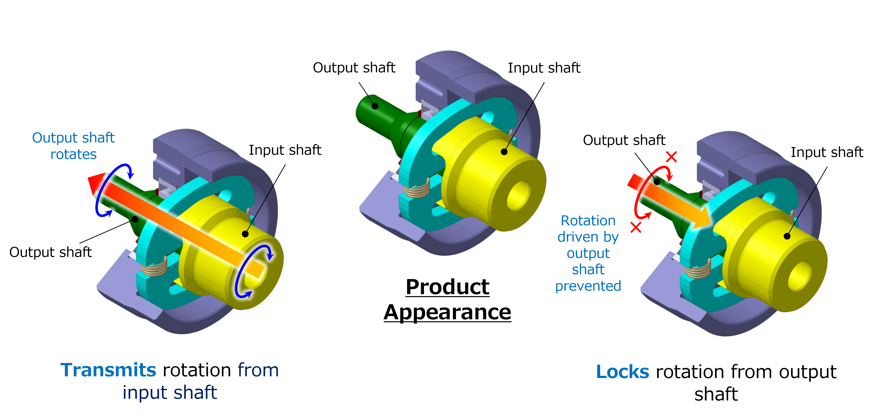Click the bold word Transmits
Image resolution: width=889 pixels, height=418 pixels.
tap(108, 370)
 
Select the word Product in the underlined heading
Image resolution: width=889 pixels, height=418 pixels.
tap(447, 287)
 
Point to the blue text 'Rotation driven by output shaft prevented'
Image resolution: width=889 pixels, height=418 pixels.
tap(588, 253)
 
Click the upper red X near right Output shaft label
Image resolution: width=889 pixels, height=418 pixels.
tap(671, 157)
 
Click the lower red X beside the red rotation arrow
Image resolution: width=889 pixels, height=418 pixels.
tap(636, 228)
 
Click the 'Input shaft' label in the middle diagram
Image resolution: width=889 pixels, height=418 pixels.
tap(544, 68)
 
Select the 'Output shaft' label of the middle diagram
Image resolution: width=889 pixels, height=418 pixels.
tap(354, 68)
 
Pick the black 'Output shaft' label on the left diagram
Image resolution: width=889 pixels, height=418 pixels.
tap(50, 252)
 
